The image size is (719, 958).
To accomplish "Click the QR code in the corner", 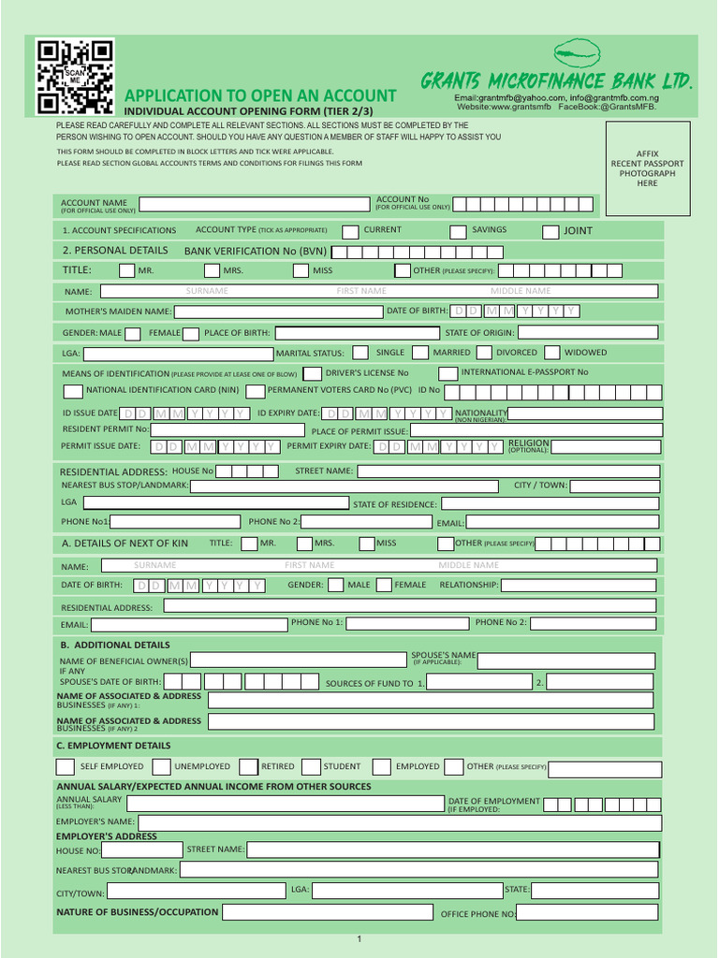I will pyautogui.click(x=75, y=77).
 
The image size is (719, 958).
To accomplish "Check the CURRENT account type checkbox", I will pyautogui.click(x=350, y=231).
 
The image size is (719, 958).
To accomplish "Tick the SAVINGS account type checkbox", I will pyautogui.click(x=458, y=231).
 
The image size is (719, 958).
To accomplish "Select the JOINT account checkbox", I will pyautogui.click(x=550, y=231).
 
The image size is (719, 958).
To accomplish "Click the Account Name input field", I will pyautogui.click(x=254, y=204).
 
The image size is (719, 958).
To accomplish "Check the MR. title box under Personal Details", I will pyautogui.click(x=127, y=270).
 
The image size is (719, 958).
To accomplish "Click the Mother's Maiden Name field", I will pyautogui.click(x=278, y=312).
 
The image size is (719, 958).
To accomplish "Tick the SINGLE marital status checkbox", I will pyautogui.click(x=362, y=353).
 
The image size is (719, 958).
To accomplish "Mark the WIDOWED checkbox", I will pyautogui.click(x=552, y=353).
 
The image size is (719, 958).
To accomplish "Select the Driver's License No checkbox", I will pyautogui.click(x=312, y=373).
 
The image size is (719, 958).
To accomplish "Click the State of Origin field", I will pyautogui.click(x=587, y=332).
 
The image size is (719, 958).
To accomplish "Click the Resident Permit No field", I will pyautogui.click(x=228, y=429).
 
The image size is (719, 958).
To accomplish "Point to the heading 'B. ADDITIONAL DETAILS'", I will pyautogui.click(x=114, y=645).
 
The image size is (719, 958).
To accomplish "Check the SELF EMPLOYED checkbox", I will pyautogui.click(x=66, y=767).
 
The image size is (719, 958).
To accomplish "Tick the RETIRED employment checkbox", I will pyautogui.click(x=248, y=767).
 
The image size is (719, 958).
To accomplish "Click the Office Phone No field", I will pyautogui.click(x=587, y=913).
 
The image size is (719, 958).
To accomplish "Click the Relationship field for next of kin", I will pyautogui.click(x=579, y=585).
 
